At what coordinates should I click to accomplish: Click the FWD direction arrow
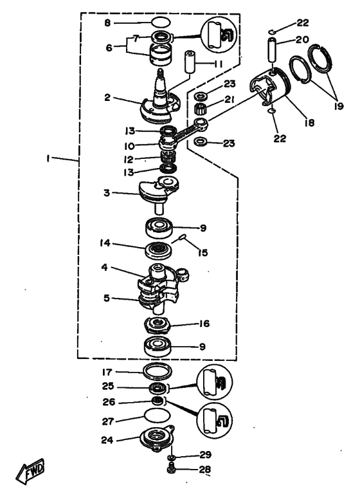(x=30, y=469)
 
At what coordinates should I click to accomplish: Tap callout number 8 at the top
(x=107, y=23)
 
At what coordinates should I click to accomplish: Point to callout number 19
(x=339, y=106)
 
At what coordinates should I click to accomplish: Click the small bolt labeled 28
(x=171, y=469)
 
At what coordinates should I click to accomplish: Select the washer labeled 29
(x=171, y=457)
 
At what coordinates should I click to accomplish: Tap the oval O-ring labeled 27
(x=157, y=415)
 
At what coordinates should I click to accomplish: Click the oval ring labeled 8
(x=161, y=23)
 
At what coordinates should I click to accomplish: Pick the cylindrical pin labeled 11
(x=191, y=62)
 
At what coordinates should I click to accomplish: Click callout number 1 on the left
(x=48, y=159)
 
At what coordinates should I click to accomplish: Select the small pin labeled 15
(x=182, y=238)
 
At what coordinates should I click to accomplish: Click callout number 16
(x=204, y=324)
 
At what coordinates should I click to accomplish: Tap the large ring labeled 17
(x=157, y=371)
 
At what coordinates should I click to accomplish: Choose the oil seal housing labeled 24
(x=157, y=439)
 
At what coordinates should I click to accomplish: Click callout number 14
(x=105, y=243)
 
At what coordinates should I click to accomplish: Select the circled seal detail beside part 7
(x=219, y=33)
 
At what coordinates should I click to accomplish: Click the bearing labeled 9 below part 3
(x=159, y=228)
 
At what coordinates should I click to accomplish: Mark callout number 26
(x=109, y=402)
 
